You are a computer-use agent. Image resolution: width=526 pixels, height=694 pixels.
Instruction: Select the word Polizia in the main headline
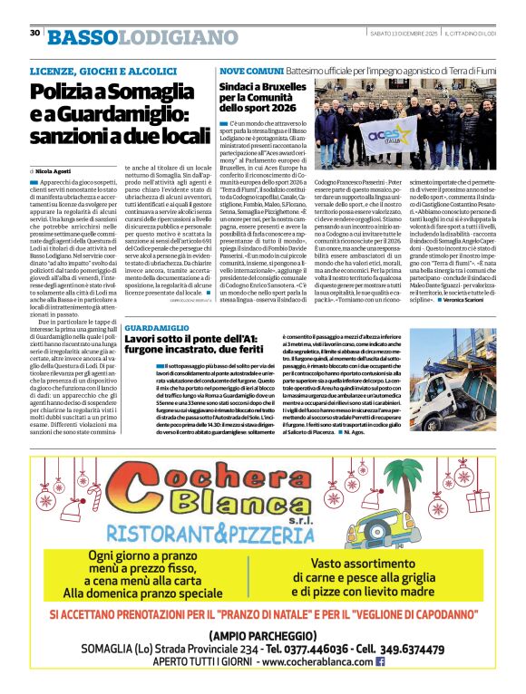[x=66, y=92]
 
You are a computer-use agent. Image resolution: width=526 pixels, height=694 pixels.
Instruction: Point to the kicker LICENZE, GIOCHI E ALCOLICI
[x=100, y=71]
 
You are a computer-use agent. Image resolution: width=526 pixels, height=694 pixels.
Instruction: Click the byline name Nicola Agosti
[x=57, y=170]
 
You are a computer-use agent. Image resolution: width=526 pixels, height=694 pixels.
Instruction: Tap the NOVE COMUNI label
[x=250, y=71]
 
